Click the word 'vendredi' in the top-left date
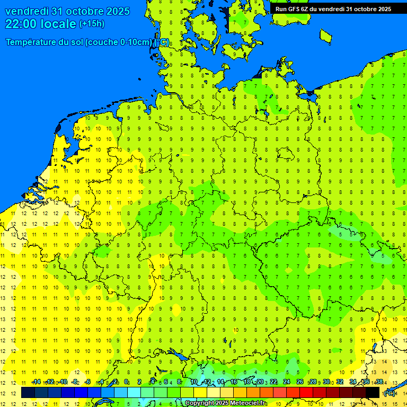point(26,11)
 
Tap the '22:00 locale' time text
point(40,24)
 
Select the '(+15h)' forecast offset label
point(92,24)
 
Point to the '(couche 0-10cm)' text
point(118,42)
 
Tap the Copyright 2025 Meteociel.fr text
point(225,403)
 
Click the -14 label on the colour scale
point(36,382)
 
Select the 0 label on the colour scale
point(126,382)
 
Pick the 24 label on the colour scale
point(286,382)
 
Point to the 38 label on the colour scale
point(379,382)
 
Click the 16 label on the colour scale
point(233,382)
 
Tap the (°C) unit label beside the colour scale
point(390,393)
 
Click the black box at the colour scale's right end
point(373,393)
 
